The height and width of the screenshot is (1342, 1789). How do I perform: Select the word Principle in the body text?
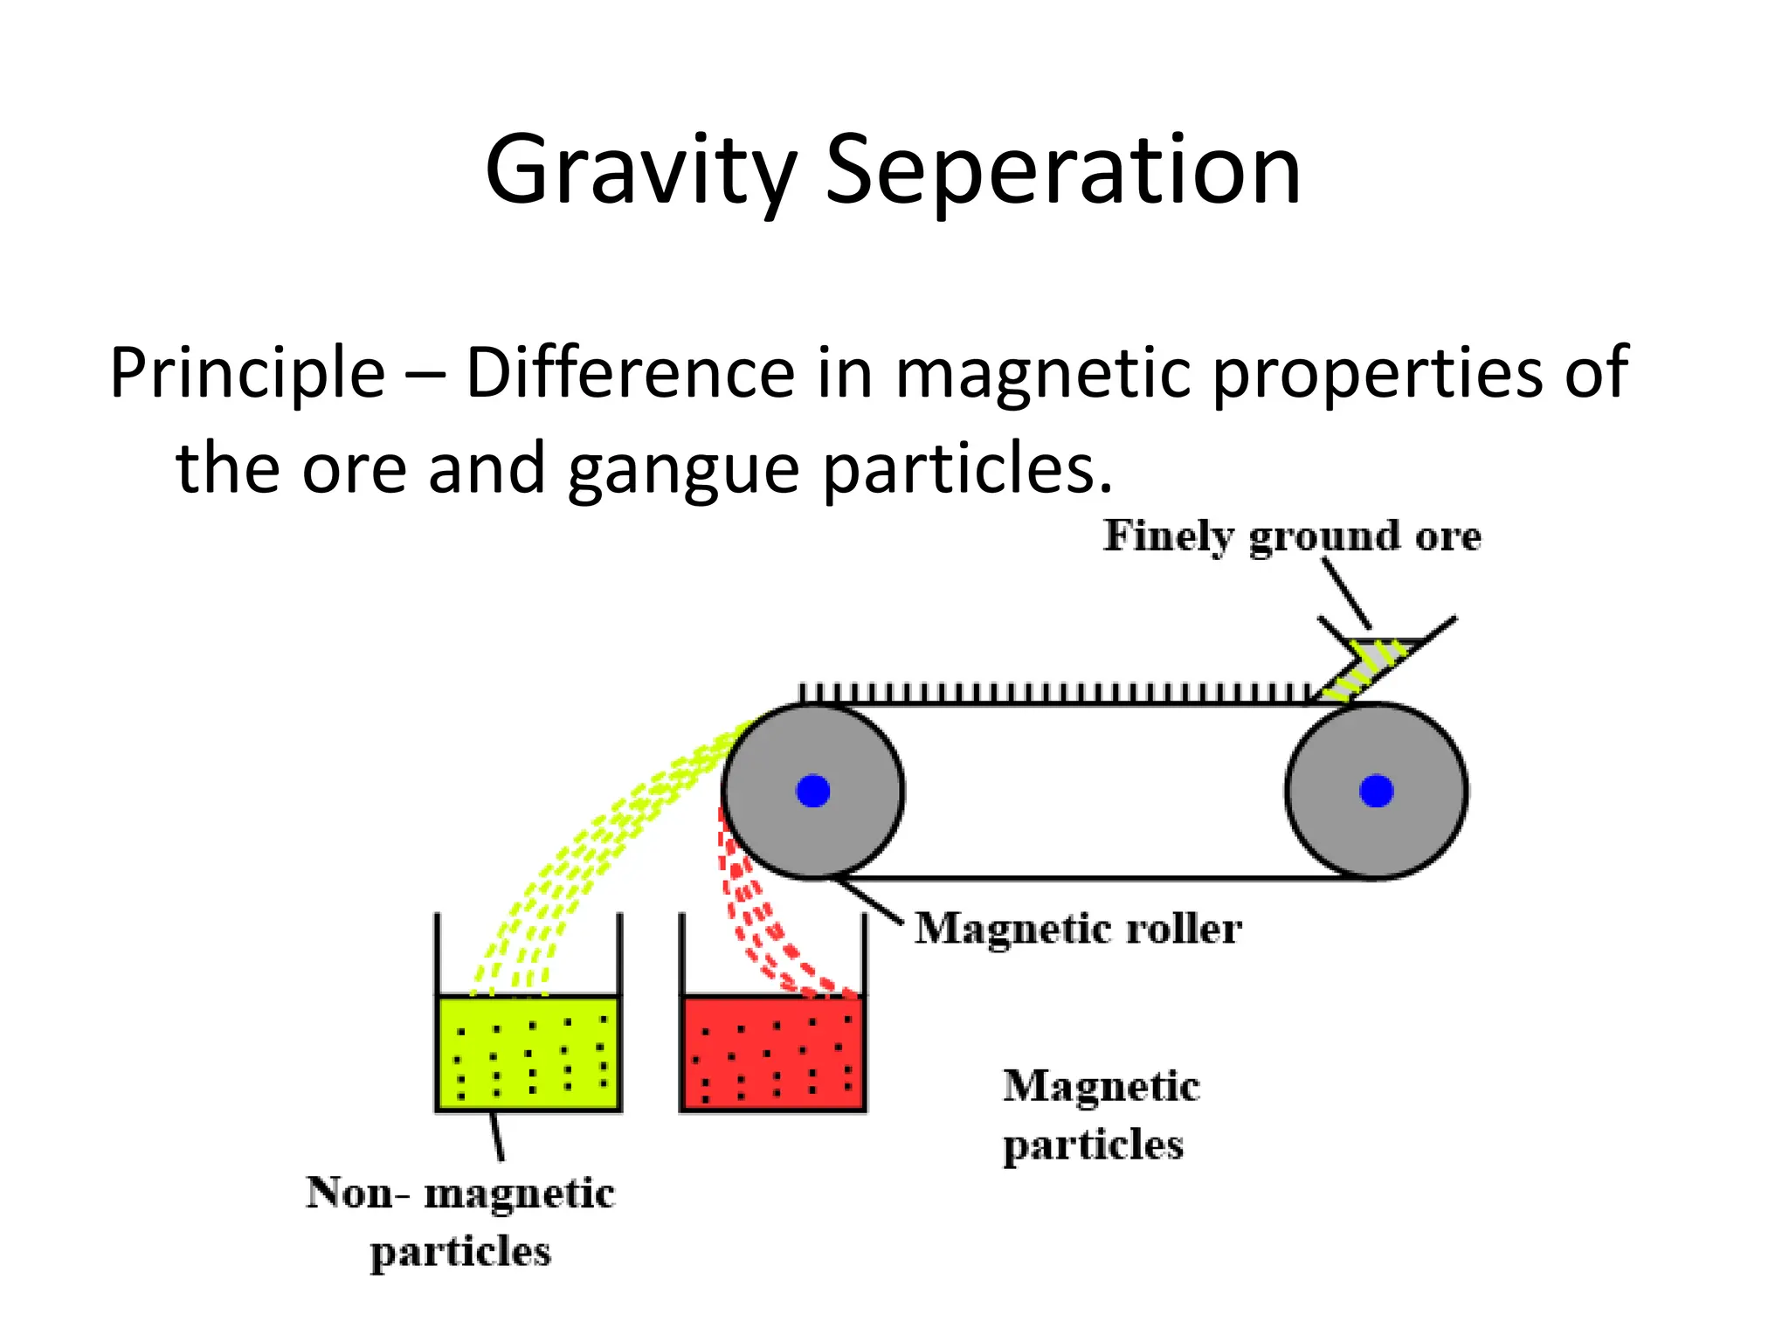click(247, 373)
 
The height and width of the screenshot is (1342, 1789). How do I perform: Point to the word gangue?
click(683, 469)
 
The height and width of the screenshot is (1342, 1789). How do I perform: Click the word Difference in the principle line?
click(630, 373)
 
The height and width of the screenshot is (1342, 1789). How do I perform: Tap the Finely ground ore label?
click(1292, 536)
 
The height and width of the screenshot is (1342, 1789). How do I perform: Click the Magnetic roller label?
click(1078, 928)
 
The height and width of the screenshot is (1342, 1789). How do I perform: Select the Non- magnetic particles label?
click(460, 1221)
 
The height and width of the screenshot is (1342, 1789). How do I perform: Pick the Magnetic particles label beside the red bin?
click(1100, 1115)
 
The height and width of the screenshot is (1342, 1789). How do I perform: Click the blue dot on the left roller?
click(813, 791)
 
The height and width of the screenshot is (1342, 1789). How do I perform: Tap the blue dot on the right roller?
click(1376, 791)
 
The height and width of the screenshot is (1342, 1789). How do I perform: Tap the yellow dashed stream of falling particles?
click(603, 839)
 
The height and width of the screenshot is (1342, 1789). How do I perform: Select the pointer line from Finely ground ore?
click(1346, 592)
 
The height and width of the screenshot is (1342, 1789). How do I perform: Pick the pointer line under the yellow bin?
click(497, 1136)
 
